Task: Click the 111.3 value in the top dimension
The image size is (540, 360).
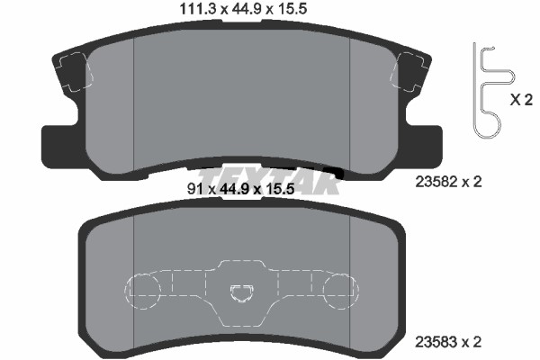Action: [198, 9]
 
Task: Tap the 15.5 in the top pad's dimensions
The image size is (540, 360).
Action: [292, 9]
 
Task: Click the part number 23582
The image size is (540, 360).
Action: [436, 182]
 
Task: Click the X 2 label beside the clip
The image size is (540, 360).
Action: [521, 100]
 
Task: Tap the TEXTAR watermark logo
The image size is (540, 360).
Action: [268, 181]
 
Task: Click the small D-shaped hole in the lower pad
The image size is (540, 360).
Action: [242, 293]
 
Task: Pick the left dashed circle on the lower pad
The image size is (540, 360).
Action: [142, 292]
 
